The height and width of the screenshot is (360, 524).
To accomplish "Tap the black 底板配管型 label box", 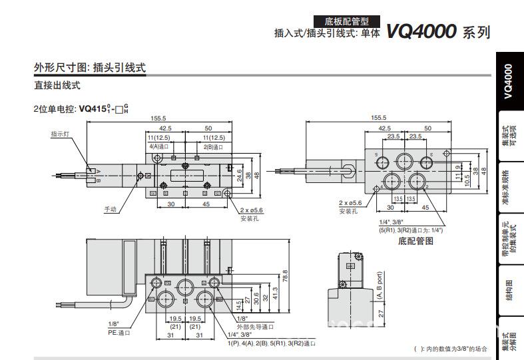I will [348, 21].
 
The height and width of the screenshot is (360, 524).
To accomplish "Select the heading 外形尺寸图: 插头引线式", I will [90, 67].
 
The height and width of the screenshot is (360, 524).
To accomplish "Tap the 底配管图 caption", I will [415, 241].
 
